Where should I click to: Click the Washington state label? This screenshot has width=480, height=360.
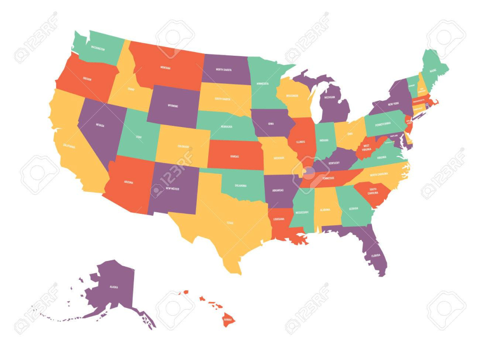point(98,49)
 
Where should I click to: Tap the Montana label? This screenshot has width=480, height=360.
point(165,67)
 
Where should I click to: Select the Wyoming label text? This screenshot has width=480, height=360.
point(172,106)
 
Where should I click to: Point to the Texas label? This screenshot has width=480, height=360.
point(230,223)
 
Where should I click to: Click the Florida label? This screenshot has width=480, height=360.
point(375,256)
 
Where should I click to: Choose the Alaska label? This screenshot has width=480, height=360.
point(113,286)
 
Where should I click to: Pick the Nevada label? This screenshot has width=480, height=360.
point(100,125)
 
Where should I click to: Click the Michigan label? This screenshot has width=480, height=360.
point(330,97)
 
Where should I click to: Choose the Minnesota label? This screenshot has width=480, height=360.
point(262,83)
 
